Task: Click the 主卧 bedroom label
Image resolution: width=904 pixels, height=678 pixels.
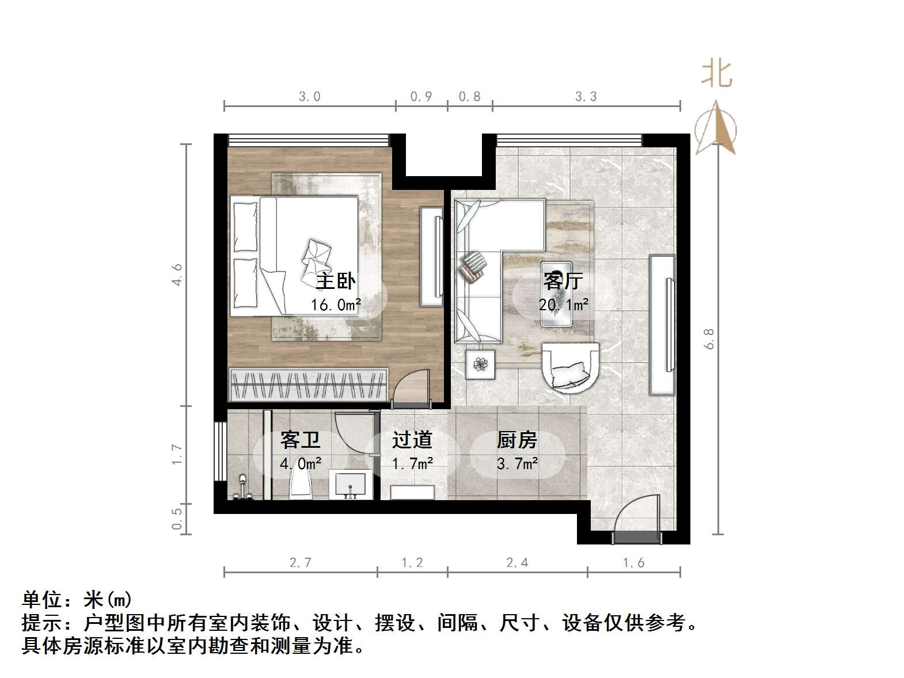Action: click(336, 281)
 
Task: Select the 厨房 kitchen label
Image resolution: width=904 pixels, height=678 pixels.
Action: click(516, 440)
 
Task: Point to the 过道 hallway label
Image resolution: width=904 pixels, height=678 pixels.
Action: click(412, 440)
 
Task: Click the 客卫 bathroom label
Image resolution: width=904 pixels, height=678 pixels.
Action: click(300, 440)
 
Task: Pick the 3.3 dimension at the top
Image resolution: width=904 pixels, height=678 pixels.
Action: click(586, 97)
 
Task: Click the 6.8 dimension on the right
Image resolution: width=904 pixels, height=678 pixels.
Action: click(709, 338)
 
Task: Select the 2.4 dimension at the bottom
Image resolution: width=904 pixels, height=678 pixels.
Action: click(516, 563)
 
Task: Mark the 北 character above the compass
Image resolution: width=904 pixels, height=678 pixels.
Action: click(716, 74)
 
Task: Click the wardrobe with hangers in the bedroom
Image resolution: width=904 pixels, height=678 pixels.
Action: click(309, 384)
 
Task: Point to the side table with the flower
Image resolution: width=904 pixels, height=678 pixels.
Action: click(480, 364)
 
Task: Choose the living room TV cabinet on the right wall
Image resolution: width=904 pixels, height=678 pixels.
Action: click(662, 325)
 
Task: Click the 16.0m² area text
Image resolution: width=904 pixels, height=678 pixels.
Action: click(336, 304)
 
